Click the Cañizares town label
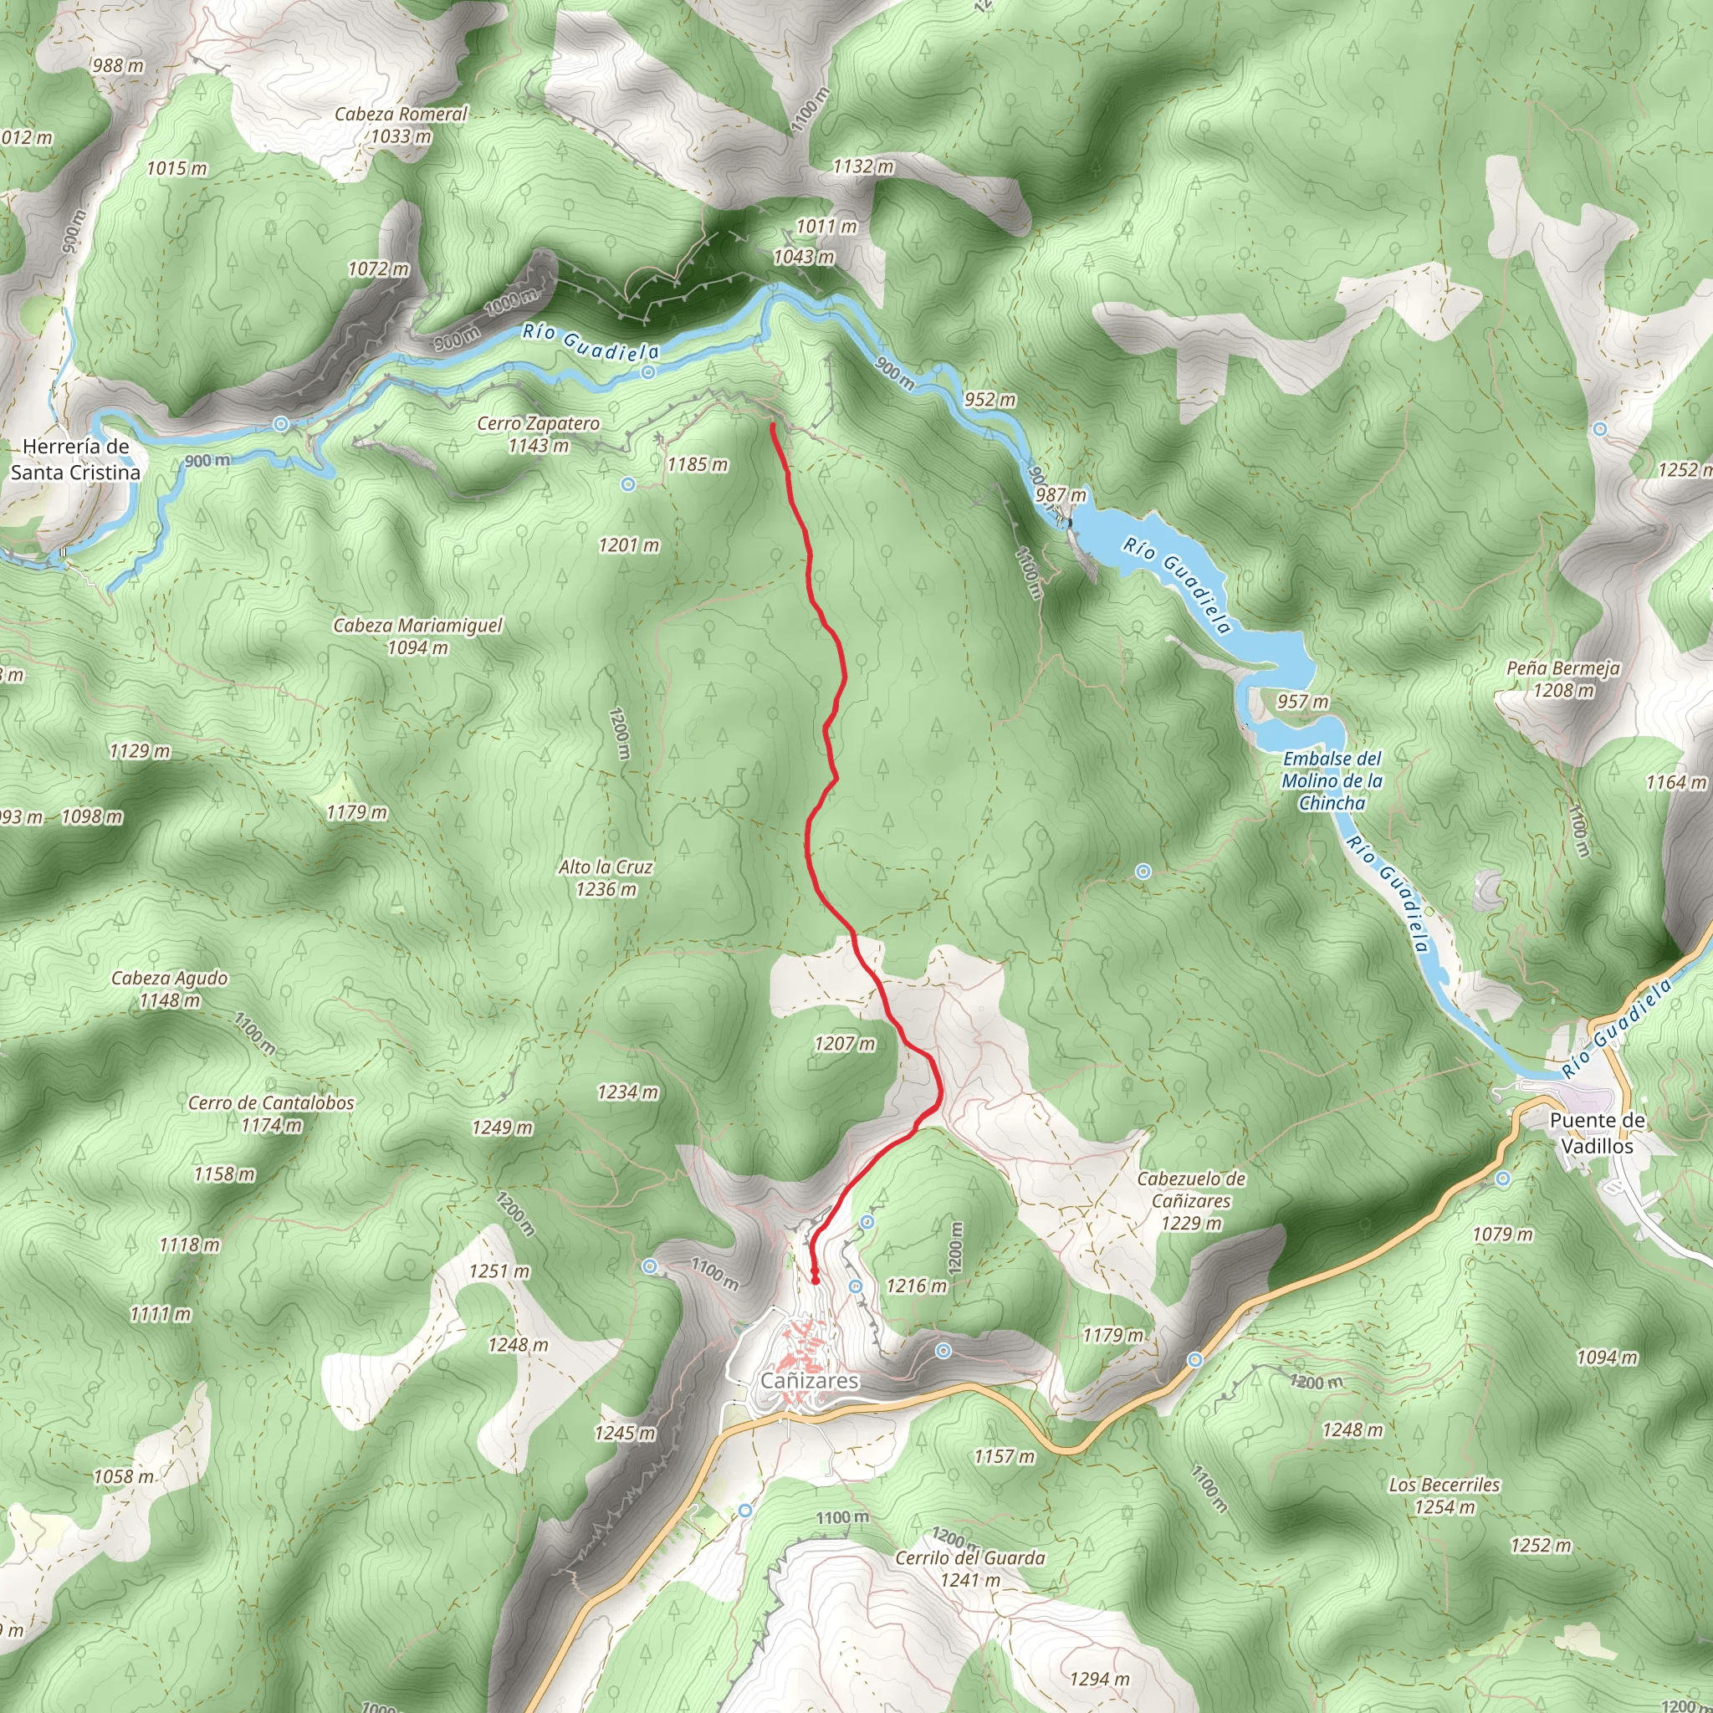809,1380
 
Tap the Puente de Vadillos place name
1597,1133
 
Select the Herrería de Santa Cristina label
75,459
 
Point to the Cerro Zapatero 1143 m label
538,434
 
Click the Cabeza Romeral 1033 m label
401,125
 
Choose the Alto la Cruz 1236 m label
606,877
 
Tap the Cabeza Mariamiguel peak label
417,637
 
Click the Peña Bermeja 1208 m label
1563,679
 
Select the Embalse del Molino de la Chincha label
1332,781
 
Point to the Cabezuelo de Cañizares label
1191,1200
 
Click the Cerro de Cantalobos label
271,1114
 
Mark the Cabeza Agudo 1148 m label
169,989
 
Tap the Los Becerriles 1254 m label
1445,1496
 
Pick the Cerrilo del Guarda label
970,1568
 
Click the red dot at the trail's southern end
815,1281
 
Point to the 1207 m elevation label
844,1044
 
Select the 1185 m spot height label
698,464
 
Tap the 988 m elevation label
118,65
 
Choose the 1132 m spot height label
862,166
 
